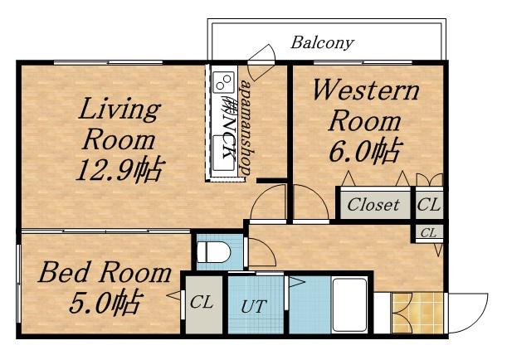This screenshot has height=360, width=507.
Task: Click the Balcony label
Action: point(322,43)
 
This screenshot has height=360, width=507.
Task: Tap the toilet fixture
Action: point(213,251)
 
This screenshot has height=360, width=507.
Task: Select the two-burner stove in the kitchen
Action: point(224,80)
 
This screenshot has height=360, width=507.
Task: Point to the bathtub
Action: point(349,304)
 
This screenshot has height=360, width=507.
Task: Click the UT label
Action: point(254,306)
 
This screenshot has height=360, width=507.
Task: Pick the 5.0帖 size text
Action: point(105,303)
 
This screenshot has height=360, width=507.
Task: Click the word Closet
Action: point(373,205)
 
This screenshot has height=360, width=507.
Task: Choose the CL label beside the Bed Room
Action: point(202,302)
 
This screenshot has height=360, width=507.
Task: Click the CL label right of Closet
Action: point(429,204)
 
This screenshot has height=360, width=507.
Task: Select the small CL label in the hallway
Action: point(429,232)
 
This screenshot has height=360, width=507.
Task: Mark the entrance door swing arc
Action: point(480,320)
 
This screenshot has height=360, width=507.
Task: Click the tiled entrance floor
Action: point(417,313)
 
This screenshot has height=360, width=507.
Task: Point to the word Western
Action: point(366,90)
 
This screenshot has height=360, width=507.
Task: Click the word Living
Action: point(119,109)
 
